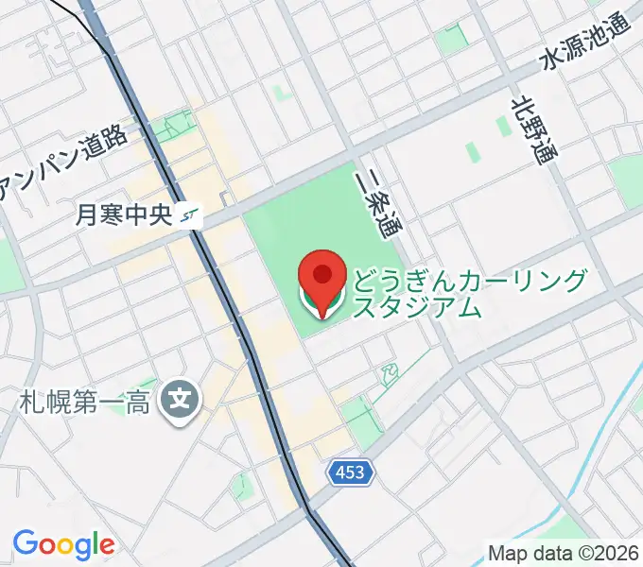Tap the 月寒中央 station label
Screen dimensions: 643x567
(x=123, y=215)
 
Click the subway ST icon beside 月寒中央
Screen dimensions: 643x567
(x=190, y=215)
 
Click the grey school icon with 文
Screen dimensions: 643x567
(x=179, y=402)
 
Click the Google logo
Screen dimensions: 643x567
(x=63, y=544)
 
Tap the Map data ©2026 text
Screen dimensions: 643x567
(x=563, y=551)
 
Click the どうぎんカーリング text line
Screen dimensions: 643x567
(x=471, y=281)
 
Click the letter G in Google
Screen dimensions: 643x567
(x=25, y=543)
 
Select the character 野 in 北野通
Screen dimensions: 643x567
(x=533, y=129)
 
